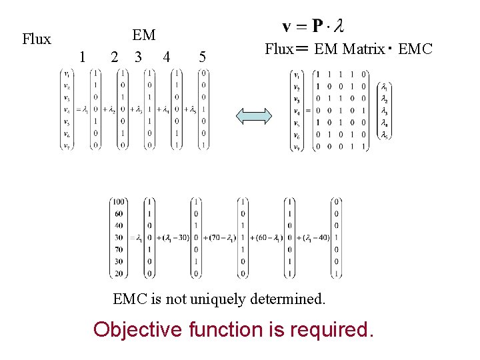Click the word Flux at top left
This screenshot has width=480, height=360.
[x=36, y=39]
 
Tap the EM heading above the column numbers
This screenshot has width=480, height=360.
[x=143, y=35]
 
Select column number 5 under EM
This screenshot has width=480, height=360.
[x=202, y=57]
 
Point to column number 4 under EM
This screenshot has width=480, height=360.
[x=166, y=57]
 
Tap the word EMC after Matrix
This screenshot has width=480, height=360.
[x=415, y=49]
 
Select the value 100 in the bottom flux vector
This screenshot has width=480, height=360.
[x=119, y=202]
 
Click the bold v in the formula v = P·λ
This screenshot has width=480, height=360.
[x=287, y=27]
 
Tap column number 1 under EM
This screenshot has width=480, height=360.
[x=82, y=57]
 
